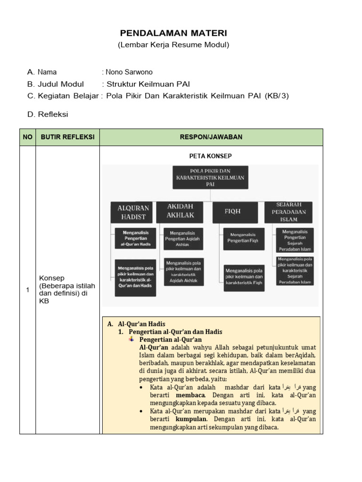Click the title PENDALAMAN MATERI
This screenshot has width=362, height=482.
[x=173, y=33]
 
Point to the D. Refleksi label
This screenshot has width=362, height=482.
[x=48, y=114]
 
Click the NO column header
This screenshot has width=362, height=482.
[x=28, y=137]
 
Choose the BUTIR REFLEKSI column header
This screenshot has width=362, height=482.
[x=67, y=137]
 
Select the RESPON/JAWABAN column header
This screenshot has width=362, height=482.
[x=211, y=137]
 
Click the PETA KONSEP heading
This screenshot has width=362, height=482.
[x=210, y=156]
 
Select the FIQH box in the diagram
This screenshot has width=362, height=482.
[x=235, y=212]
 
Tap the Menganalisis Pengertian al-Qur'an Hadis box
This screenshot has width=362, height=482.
[x=136, y=239]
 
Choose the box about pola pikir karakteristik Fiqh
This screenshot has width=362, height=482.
[x=244, y=277]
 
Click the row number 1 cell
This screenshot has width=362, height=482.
[x=28, y=289]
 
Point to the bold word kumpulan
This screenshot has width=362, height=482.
[x=191, y=419]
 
